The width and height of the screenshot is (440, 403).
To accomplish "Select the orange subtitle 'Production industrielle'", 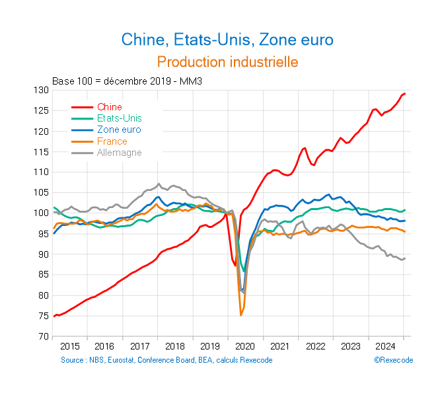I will coord(227,61).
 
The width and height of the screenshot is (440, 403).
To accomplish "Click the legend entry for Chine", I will coord(109,107).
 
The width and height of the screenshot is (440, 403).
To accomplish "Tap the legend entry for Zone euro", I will coord(119,130).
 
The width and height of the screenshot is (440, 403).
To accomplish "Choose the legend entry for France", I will coord(112,141).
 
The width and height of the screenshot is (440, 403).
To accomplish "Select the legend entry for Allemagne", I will coord(119,153).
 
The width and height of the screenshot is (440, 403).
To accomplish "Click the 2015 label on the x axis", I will coord(69,346).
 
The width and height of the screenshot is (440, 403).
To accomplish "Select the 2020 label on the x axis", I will coord(244,346).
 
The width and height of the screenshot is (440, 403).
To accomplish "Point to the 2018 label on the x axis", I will coord(174,346).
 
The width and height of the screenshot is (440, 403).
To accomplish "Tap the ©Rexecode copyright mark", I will coord(393,360).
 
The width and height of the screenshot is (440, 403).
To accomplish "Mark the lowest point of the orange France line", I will coord(241,316).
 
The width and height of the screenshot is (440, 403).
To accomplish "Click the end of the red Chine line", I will coord(405,94).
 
